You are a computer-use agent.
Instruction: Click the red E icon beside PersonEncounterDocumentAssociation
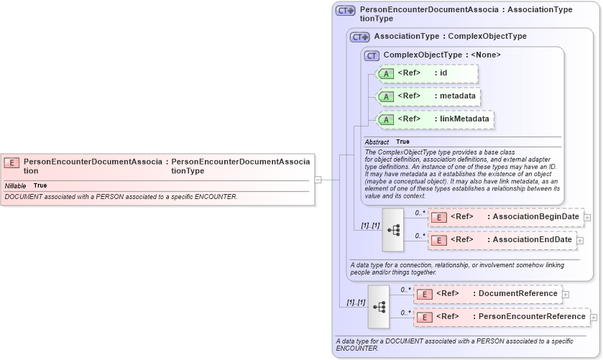(11, 162)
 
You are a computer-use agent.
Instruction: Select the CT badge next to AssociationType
(359, 37)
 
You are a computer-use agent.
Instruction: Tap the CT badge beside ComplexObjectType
(372, 55)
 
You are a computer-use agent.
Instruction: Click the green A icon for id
(386, 73)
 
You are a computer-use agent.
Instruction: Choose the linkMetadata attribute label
(465, 119)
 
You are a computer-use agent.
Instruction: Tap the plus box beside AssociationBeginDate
(587, 217)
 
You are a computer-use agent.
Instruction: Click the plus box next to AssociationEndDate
(580, 240)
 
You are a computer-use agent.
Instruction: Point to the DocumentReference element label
(517, 293)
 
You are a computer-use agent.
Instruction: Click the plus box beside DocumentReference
(566, 294)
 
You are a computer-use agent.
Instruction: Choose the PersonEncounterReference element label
(532, 316)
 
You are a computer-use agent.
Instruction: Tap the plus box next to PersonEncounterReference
(594, 317)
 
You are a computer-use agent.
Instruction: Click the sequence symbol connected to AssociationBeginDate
(393, 229)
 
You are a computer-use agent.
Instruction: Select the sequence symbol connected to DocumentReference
(379, 306)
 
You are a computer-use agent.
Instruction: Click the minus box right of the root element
(318, 180)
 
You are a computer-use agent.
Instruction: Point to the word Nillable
(16, 185)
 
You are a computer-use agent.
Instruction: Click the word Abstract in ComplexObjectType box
(377, 142)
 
